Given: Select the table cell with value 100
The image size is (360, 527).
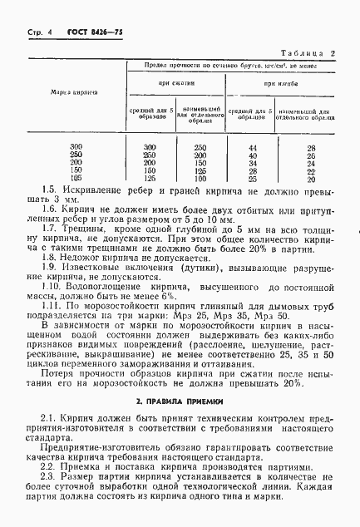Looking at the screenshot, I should (x=199, y=178).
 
